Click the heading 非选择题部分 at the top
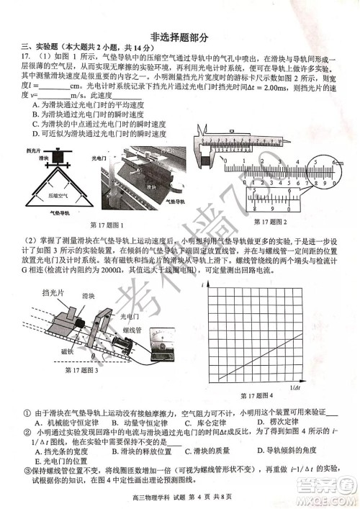(180, 35)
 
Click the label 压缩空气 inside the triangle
(60, 194)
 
